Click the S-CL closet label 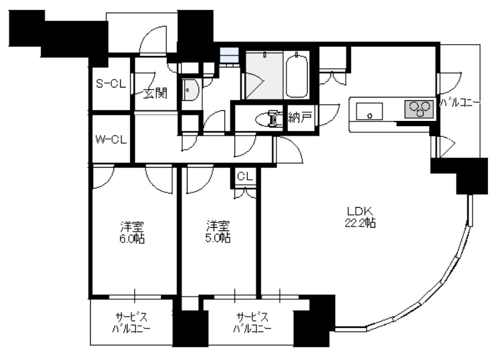click(x=111, y=84)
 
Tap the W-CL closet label click(x=111, y=139)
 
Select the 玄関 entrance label click(x=155, y=93)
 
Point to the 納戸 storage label click(x=299, y=118)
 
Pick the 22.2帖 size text click(x=360, y=223)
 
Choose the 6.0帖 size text click(x=132, y=238)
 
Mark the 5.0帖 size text click(x=218, y=238)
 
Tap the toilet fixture click(x=268, y=118)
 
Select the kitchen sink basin click(x=369, y=112)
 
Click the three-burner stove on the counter click(x=419, y=109)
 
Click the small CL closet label click(x=244, y=176)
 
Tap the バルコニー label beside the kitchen click(x=460, y=103)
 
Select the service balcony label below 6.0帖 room click(x=131, y=323)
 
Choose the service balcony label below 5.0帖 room click(x=252, y=323)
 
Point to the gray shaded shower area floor click(x=264, y=75)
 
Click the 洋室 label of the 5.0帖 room click(x=218, y=226)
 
